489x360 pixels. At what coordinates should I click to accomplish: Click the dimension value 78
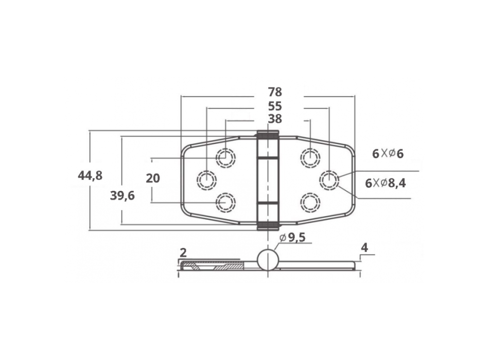275,93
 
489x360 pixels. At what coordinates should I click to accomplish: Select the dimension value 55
275,106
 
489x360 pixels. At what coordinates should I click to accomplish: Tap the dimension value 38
275,119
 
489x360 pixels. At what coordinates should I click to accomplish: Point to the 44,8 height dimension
90,176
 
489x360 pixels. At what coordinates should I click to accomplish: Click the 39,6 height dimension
123,195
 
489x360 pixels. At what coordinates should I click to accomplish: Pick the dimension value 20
153,178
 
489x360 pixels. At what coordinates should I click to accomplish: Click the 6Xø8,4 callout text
386,183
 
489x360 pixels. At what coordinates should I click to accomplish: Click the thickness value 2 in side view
183,253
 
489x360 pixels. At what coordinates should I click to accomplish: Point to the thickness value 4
364,248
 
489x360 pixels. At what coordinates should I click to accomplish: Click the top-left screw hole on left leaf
225,157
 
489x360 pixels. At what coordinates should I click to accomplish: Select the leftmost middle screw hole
206,179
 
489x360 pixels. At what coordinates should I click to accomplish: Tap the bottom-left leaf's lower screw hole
225,203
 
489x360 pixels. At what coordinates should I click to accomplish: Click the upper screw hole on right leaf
310,157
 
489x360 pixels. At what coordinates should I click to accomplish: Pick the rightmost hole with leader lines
329,179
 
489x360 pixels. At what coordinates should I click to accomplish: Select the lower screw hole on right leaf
310,203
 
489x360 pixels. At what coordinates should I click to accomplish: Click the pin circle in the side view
268,260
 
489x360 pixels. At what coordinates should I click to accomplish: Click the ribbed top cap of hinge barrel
268,135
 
